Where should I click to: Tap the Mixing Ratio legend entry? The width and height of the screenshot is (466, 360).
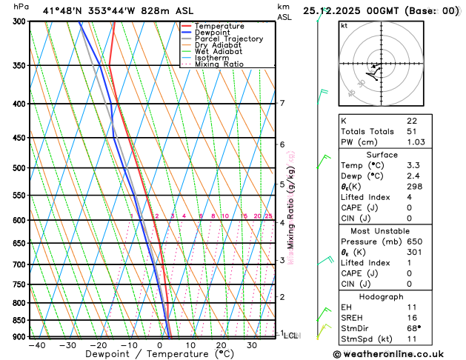point(218,64)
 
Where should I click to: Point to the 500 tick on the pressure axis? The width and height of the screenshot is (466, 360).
point(19,168)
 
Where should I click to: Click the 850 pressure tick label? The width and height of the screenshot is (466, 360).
point(19,320)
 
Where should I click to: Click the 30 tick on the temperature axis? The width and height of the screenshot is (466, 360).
point(253,345)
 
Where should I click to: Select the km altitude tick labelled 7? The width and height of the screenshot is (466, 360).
point(282,103)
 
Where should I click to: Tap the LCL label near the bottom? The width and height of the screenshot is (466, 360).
point(291,336)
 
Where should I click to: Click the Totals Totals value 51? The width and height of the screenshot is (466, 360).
point(412,131)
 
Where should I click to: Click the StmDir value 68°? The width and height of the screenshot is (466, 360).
point(413,329)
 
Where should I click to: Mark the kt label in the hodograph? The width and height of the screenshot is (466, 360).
point(344,25)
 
